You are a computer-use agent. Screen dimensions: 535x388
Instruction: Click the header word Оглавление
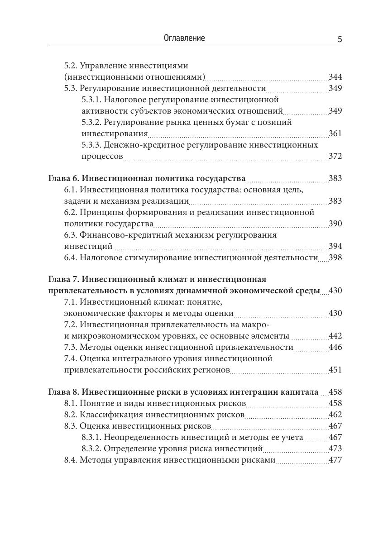184,38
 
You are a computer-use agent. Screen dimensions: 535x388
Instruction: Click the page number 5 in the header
340,39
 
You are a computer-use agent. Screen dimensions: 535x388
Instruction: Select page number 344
335,77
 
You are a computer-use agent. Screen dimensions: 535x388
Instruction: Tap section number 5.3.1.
91,100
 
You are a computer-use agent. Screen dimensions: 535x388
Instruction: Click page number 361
335,134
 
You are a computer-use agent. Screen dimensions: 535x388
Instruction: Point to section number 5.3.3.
91,145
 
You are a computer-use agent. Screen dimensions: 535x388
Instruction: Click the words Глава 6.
64,178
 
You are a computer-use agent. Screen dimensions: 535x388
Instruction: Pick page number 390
335,224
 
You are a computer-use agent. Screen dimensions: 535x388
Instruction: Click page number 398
335,258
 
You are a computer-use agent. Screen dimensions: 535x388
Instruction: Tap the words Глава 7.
64,279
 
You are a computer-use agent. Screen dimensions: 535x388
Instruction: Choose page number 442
335,336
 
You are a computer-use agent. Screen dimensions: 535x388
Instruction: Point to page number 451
335,370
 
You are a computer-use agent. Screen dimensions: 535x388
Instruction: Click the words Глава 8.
64,392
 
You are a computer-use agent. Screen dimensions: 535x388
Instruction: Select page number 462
335,415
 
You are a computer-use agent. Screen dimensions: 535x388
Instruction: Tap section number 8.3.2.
91,449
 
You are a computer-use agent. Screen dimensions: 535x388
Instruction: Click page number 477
335,460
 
